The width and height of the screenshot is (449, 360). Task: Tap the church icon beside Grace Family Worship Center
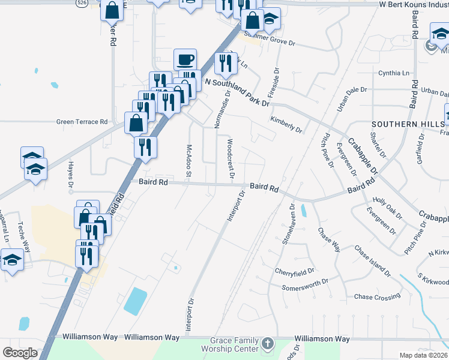tap(268, 344)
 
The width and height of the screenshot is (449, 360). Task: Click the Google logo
tap(20, 352)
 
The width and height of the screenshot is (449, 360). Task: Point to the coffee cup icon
tap(185, 60)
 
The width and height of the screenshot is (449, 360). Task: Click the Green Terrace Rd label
tap(82, 121)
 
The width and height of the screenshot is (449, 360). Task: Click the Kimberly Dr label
tap(286, 125)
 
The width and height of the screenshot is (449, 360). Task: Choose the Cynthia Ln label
tap(393, 73)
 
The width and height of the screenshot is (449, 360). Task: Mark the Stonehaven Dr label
tap(289, 223)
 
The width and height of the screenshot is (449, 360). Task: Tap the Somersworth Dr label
tap(305, 284)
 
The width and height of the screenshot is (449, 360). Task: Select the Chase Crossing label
tap(377, 296)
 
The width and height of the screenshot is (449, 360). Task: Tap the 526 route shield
tap(81, 3)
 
